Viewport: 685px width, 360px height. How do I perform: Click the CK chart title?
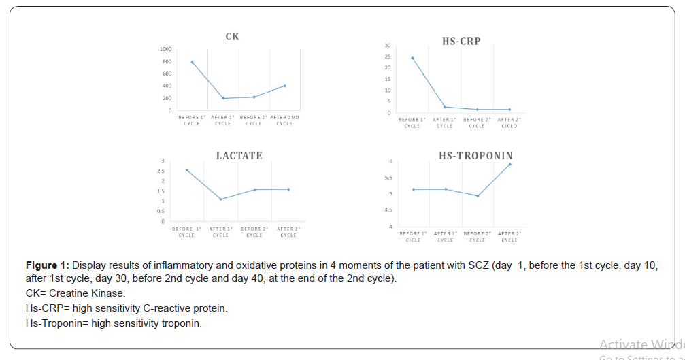click(232, 36)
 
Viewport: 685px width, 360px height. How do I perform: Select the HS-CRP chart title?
click(461, 41)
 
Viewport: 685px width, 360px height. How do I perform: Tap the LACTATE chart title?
click(239, 156)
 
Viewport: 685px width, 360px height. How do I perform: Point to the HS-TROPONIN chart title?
click(475, 156)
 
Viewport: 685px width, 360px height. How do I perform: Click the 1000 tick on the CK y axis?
click(165, 50)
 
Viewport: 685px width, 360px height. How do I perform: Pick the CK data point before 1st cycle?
click(192, 62)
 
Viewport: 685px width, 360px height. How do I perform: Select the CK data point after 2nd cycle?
click(284, 86)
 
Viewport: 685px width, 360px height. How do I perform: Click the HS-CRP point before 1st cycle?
click(412, 58)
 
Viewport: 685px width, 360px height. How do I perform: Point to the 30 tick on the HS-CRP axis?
click(387, 46)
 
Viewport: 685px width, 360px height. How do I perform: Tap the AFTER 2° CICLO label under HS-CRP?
click(509, 122)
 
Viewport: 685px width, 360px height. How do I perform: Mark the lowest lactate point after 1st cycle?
click(220, 199)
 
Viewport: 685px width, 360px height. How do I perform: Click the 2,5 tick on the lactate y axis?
click(161, 171)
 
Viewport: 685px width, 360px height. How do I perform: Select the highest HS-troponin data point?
click(509, 164)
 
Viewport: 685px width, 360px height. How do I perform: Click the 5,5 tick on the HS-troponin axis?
click(388, 178)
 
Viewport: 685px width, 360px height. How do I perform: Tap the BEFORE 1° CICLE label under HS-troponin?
click(413, 237)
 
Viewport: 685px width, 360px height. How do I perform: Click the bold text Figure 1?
click(47, 265)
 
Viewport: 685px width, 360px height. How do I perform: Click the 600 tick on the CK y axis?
click(167, 73)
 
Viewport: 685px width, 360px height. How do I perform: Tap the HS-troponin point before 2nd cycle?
click(478, 196)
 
